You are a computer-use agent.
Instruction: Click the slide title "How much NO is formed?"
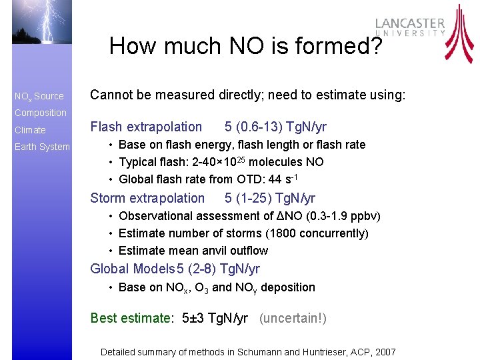246,46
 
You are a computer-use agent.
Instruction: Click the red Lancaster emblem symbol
459,33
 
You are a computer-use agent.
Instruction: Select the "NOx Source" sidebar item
39,96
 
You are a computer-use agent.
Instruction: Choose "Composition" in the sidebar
41,113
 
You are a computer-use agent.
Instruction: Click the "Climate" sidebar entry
30,130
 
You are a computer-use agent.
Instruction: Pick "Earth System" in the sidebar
42,147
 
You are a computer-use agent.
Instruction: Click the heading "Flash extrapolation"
146,127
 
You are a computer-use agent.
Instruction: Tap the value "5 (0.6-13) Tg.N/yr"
275,127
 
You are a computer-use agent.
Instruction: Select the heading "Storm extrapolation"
147,198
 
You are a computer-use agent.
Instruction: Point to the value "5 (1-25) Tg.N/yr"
270,198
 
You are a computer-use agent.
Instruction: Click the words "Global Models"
133,269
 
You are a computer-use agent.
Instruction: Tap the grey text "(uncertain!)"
293,318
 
